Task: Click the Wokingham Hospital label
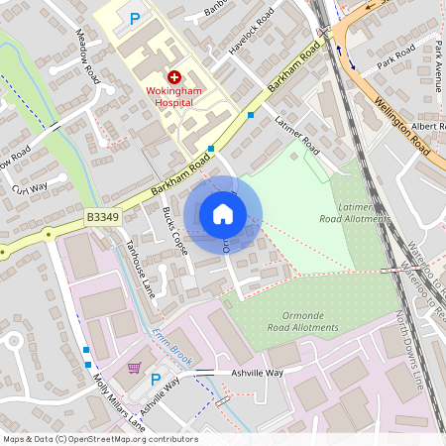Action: (173, 96)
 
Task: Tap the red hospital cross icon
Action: (174, 76)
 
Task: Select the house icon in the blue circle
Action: (223, 213)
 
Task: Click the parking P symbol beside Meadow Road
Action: (135, 18)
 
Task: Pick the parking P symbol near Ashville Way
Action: (155, 379)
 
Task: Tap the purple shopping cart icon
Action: (134, 368)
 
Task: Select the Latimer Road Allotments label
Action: (354, 211)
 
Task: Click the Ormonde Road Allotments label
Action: (303, 320)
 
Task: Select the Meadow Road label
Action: (87, 54)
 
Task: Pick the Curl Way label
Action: (29, 187)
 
